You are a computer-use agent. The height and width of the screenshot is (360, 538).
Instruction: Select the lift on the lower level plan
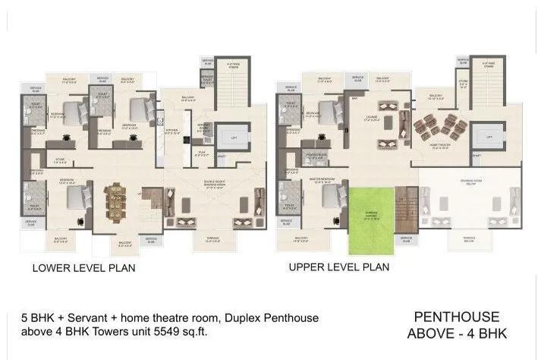pyautogui.click(x=226, y=137)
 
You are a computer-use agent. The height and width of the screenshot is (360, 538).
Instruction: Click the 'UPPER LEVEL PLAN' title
pyautogui.click(x=338, y=267)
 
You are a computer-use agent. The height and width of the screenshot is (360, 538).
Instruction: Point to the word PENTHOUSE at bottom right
pyautogui.click(x=456, y=317)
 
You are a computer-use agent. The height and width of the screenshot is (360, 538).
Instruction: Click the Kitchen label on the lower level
pyautogui.click(x=172, y=130)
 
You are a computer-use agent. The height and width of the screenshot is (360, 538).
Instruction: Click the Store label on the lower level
pyautogui.click(x=59, y=159)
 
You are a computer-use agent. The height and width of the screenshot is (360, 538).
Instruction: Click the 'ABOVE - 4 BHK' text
pyautogui.click(x=456, y=333)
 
